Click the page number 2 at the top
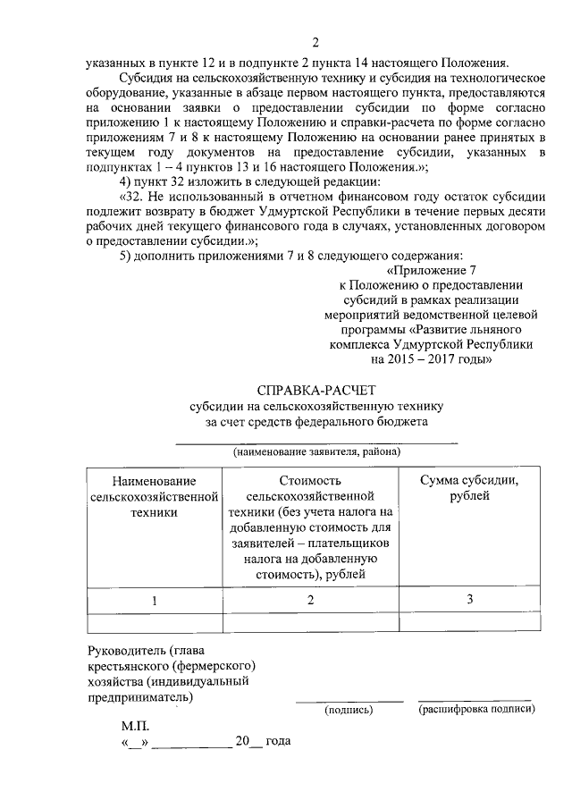pyautogui.click(x=315, y=43)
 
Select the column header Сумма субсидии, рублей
pyautogui.click(x=469, y=487)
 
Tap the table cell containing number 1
pyautogui.click(x=154, y=601)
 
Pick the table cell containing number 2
pyautogui.click(x=310, y=601)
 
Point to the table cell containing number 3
pyautogui.click(x=469, y=600)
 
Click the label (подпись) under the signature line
pyautogui.click(x=349, y=710)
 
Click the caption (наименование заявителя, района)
pyautogui.click(x=316, y=452)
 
